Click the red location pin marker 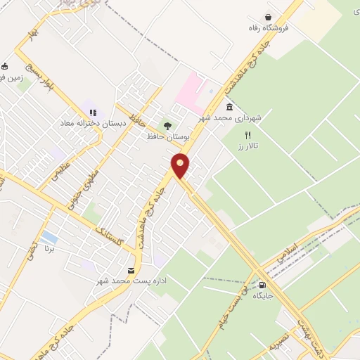click(x=181, y=165)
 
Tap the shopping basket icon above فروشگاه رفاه click(x=268, y=18)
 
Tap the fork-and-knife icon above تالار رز click(x=247, y=134)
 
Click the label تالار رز click(x=247, y=145)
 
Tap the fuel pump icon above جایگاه click(x=262, y=285)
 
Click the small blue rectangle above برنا click(x=49, y=237)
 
